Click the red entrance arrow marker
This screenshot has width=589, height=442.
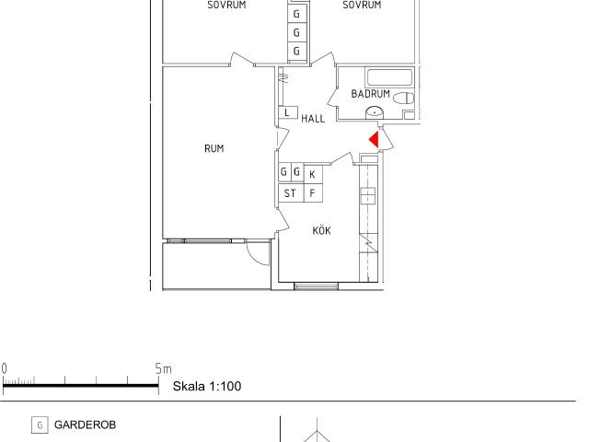[x=375, y=140]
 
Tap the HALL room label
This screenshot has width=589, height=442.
[x=313, y=119]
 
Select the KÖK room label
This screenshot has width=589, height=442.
[x=321, y=230]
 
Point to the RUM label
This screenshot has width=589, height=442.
[x=214, y=148]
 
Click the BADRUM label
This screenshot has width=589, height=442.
[x=370, y=94]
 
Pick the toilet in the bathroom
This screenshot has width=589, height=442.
[x=403, y=99]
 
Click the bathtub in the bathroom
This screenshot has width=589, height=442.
[x=389, y=77]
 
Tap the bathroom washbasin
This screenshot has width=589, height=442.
[x=375, y=112]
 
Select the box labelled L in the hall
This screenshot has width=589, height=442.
[x=288, y=112]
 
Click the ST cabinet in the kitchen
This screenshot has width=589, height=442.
[x=291, y=193]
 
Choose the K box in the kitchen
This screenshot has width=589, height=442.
[x=313, y=174]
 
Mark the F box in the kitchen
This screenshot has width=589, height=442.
[x=313, y=193]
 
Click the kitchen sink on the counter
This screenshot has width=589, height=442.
[x=368, y=195]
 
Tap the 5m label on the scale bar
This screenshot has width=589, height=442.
[x=164, y=368]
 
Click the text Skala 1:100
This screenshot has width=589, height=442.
[x=207, y=386]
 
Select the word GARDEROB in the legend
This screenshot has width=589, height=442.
[x=85, y=425]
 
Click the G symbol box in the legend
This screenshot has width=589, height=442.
[x=40, y=425]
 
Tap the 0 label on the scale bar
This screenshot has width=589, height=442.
[x=4, y=368]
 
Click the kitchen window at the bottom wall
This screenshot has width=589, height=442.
[x=316, y=286]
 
